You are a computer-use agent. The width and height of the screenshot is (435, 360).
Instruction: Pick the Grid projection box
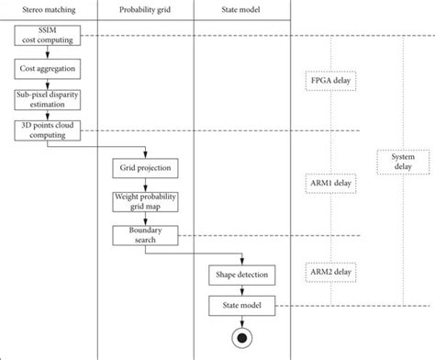145,169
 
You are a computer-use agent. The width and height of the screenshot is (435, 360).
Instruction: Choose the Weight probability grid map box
145,201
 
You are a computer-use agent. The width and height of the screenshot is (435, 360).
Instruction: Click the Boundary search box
145,234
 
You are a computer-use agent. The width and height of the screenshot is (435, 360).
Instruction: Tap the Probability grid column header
145,10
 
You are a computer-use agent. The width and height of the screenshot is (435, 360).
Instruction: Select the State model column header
242,10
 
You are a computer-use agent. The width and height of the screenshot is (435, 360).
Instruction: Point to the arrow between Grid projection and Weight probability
145,185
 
